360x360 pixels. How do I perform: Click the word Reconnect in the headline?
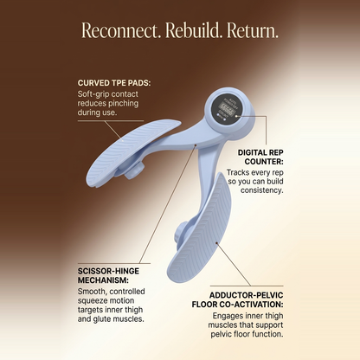point(121,30)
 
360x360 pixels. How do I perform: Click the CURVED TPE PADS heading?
point(114,83)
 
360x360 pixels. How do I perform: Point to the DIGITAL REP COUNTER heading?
point(260,157)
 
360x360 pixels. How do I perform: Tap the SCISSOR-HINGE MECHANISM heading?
point(108,275)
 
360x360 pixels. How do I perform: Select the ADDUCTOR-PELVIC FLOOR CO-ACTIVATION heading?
point(238,299)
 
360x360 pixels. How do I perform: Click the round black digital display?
point(227,110)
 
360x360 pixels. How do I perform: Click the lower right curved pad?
point(202,231)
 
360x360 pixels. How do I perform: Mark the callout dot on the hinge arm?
point(196,145)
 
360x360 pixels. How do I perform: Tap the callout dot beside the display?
point(236,116)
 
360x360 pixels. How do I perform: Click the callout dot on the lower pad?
point(216,244)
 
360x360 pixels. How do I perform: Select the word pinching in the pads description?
point(122,103)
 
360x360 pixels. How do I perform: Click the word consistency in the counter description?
point(262,190)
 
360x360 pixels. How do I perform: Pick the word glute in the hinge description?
point(102,319)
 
